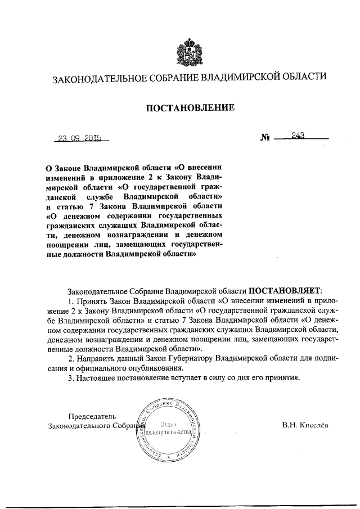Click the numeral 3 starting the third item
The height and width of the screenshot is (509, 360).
coord(69,377)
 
